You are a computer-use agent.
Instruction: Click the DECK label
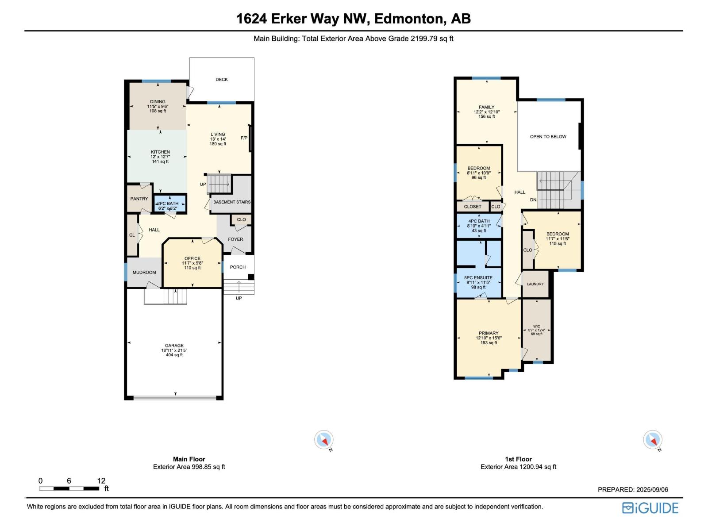pos(222,80)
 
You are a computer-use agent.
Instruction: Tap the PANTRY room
pos(139,199)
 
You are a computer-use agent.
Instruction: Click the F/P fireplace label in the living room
pos(244,138)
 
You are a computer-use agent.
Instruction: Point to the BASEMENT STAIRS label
pos(231,202)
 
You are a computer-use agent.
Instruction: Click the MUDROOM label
pos(144,273)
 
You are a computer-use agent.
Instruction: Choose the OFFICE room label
pos(192,258)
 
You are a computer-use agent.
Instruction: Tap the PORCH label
pos(238,267)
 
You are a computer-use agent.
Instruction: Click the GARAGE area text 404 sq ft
pos(174,355)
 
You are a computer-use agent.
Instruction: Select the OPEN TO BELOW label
pos(548,137)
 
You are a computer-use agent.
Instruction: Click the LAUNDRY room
pos(535,284)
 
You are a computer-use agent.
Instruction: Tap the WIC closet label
pos(536,327)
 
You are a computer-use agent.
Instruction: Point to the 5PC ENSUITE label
pos(478,278)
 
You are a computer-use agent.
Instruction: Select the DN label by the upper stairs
pos(533,200)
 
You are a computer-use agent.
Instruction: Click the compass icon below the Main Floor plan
pos(324,440)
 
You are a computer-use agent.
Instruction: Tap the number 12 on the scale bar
pos(101,481)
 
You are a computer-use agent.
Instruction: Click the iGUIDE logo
pos(650,508)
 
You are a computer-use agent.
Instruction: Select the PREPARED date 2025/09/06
pos(652,489)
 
